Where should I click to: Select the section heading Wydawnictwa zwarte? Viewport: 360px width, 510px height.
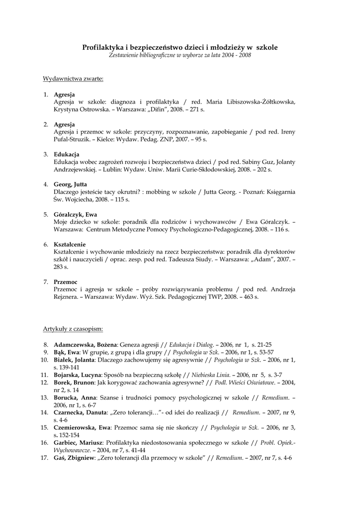(73, 79)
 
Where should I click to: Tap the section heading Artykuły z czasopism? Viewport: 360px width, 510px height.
(73, 329)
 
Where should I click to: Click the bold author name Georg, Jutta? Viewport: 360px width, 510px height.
(70, 184)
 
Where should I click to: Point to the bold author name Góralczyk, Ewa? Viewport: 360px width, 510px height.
(75, 214)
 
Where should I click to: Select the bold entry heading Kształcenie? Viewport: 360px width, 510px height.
(70, 244)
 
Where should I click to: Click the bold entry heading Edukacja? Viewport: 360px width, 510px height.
(67, 154)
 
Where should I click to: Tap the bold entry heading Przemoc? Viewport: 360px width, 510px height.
(66, 282)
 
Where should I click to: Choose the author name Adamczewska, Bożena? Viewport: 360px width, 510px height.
(85, 344)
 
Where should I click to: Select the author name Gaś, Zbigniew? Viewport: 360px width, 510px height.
(75, 457)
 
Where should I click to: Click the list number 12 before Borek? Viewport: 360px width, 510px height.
(44, 382)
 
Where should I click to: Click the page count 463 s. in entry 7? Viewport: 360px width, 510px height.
(249, 297)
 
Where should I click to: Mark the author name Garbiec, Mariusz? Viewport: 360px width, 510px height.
(77, 442)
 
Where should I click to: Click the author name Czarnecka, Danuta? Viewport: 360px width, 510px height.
(80, 412)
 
